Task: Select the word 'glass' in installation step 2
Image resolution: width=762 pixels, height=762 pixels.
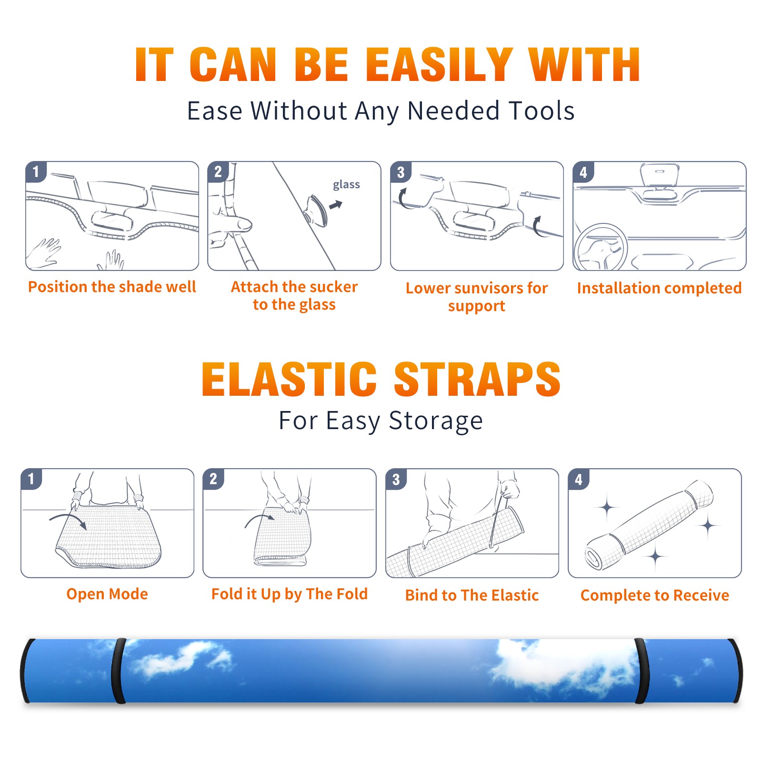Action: pos(346,184)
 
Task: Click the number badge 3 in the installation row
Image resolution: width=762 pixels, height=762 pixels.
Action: pos(401,172)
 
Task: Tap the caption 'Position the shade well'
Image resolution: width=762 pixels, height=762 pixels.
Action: pos(112,287)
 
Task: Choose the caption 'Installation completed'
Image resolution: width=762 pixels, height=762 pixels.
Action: pos(659,288)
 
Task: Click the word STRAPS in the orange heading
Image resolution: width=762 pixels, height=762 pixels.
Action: pos(477,379)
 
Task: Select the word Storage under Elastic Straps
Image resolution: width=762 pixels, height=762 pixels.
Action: pos(436,421)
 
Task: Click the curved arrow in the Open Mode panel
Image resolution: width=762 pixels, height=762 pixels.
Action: pos(68,521)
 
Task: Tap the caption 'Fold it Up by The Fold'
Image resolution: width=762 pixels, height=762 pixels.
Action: pos(290,594)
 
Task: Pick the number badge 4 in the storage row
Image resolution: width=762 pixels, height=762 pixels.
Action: pos(579,479)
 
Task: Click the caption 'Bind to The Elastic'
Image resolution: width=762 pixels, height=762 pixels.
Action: pos(472,595)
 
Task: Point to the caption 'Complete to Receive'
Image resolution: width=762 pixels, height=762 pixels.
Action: pos(655,595)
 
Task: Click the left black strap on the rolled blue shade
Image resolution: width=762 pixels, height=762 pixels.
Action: pos(119,671)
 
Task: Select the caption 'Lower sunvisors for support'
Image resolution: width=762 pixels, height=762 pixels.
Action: pos(477,297)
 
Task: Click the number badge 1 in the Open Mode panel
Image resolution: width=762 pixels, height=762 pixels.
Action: pos(31,479)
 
